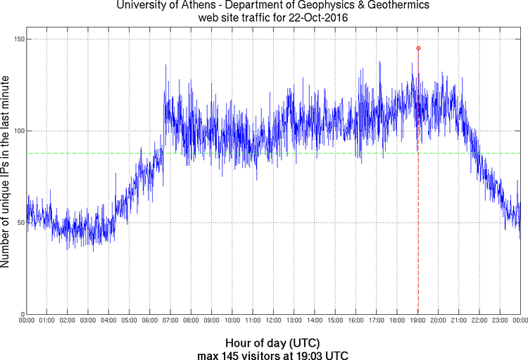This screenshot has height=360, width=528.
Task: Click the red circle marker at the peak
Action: click(x=418, y=48)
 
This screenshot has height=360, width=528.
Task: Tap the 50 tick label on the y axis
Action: click(x=20, y=223)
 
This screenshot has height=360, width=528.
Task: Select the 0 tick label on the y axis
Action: click(x=22, y=314)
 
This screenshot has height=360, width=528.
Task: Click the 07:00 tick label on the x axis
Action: click(x=170, y=321)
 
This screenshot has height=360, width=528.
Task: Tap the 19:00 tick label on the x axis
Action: click(x=417, y=321)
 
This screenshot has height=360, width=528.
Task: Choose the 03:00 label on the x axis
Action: click(x=88, y=321)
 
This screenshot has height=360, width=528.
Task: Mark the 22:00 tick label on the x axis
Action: click(x=479, y=321)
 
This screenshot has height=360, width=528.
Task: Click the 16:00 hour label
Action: click(x=356, y=321)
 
